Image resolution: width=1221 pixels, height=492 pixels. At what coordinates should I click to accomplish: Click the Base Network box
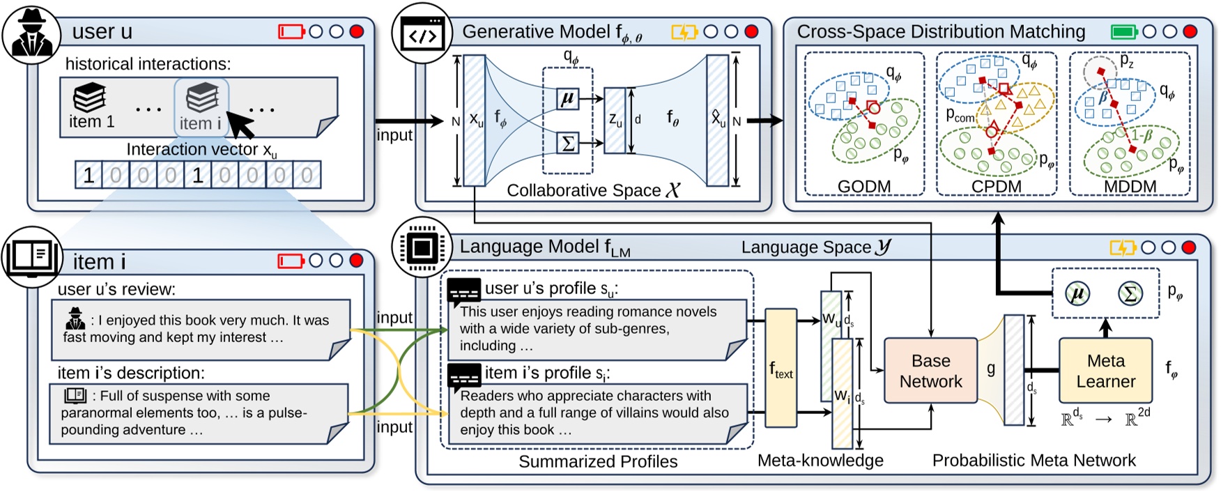pos(930,371)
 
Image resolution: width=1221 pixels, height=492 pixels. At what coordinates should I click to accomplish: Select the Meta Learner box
pos(1105,371)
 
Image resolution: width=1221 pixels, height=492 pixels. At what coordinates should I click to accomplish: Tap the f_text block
pos(781,368)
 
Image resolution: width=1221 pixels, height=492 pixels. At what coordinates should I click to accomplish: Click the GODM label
pos(864,186)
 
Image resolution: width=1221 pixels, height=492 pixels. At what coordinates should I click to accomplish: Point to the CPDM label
pos(996,186)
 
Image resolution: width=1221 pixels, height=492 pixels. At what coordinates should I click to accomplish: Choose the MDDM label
pos(1130,186)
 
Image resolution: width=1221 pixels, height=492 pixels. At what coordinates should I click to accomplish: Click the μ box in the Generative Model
pos(568,99)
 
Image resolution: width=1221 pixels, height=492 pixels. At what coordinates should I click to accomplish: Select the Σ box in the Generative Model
pos(568,144)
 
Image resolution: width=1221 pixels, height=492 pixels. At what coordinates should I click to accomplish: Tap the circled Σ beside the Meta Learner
pos(1130,293)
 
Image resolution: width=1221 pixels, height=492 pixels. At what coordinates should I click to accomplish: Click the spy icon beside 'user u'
pos(31,33)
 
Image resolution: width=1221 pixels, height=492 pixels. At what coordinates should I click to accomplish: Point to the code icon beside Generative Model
pos(422,35)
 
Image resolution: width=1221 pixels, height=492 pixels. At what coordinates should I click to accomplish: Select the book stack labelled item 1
pos(90,98)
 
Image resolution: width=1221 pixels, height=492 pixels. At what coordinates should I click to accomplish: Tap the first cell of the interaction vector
pos(89,176)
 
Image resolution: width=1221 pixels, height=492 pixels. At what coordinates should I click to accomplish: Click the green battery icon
pos(1123,32)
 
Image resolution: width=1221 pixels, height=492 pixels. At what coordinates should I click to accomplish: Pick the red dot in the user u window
pos(357,31)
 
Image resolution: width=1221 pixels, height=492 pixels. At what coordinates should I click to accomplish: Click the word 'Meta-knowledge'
pos(820,461)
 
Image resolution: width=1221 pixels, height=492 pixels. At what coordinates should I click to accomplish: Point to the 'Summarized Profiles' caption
pos(598,461)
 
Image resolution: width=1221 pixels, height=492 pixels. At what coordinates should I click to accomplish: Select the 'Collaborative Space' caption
pos(592,190)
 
